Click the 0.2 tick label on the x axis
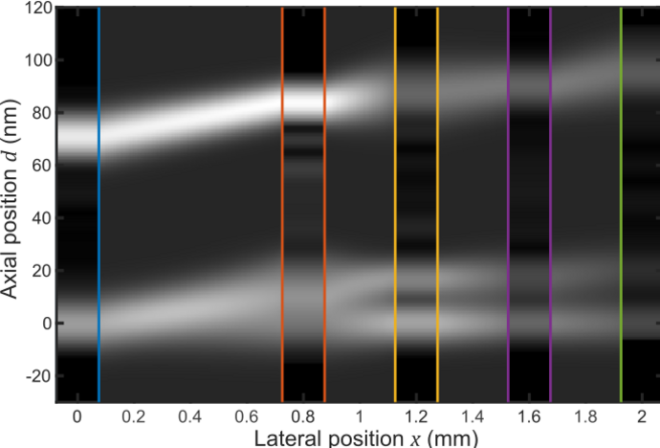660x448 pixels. tap(133, 417)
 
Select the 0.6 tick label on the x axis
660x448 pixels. tap(246, 417)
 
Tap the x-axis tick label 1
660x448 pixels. tap(359, 417)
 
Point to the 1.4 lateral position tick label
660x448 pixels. tap(472, 417)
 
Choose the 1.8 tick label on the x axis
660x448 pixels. tap(584, 417)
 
